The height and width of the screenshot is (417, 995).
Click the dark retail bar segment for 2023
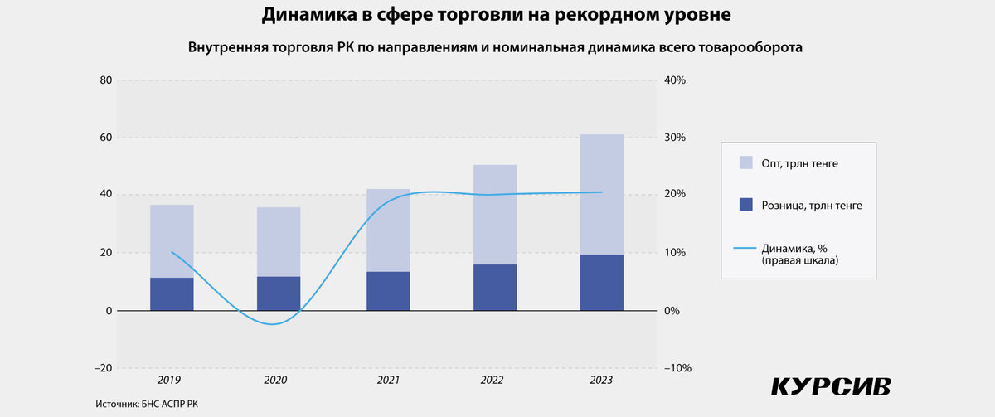pos(602,283)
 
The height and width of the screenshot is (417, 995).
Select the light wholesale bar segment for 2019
pos(172,241)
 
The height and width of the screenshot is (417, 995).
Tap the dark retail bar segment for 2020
pos(279,293)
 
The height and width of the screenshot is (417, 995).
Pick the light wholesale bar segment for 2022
pos(495,215)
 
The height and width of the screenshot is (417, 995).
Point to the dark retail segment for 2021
pos(388,291)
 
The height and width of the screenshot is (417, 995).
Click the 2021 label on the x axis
pos(386,380)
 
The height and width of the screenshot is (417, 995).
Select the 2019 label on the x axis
pos(169,380)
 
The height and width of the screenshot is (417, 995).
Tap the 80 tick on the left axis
pos(105,80)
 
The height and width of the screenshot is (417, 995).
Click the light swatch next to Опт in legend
pos(745,163)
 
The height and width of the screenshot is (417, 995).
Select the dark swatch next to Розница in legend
pos(745,205)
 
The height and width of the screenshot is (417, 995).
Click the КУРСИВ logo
pos(831,386)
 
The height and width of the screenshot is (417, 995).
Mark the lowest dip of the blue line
pos(273,324)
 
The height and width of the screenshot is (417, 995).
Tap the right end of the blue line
pos(602,192)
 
